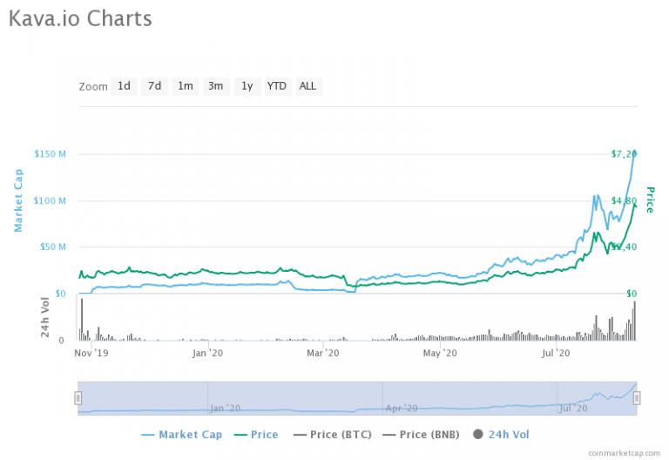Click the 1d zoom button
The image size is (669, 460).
[124, 86]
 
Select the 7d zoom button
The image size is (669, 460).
[154, 86]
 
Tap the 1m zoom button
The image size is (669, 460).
[185, 86]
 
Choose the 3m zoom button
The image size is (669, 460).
[215, 86]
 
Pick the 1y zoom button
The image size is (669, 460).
[247, 86]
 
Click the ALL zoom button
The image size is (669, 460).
[307, 86]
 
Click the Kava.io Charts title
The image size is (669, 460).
[80, 18]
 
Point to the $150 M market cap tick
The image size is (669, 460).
[51, 154]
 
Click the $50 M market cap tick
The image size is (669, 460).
[53, 247]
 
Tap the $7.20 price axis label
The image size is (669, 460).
[624, 154]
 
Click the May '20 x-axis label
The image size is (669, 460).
[440, 353]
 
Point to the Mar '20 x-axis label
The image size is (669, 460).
[323, 353]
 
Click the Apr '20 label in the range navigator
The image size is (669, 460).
[402, 407]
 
